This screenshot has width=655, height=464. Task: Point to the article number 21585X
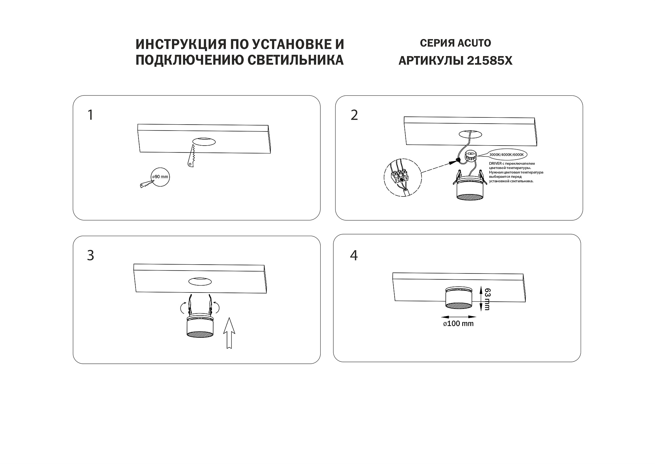point(490,61)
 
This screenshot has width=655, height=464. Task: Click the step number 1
point(90,115)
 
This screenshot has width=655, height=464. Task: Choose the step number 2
point(354,115)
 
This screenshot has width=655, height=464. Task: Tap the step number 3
point(91,255)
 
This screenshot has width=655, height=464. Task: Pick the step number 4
point(354,255)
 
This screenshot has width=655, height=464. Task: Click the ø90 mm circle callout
point(160,177)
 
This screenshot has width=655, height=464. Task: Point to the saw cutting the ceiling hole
point(192,154)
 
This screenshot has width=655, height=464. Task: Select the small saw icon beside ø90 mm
point(147,184)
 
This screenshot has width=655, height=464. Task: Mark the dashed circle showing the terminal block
point(402,178)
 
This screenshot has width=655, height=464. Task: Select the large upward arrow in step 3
point(229,333)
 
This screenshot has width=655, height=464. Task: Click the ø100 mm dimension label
point(458,324)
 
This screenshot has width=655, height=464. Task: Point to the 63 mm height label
point(487,299)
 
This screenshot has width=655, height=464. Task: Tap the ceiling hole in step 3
point(200,281)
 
